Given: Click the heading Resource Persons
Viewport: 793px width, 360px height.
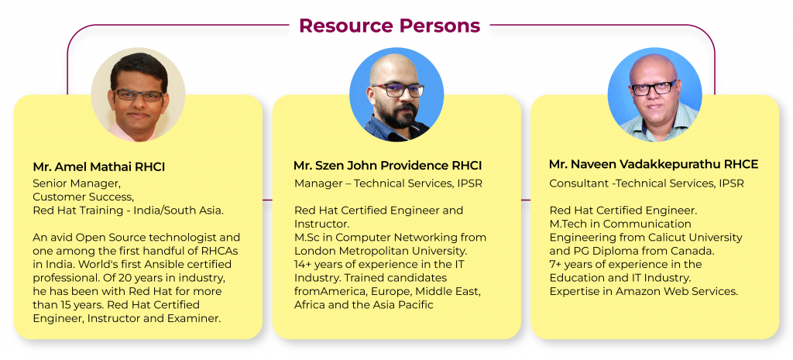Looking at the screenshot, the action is [x=390, y=26].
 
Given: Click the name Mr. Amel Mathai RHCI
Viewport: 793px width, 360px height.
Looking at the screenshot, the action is [x=99, y=167].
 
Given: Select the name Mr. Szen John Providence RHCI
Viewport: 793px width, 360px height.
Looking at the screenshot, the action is [x=387, y=166].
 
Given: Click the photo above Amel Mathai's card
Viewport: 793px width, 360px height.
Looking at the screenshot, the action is [x=138, y=94].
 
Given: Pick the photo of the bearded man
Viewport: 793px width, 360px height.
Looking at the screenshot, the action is [x=396, y=94].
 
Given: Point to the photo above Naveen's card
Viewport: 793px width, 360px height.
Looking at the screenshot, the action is [x=654, y=94].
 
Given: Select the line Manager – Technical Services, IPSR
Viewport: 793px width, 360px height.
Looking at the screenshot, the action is [x=389, y=183].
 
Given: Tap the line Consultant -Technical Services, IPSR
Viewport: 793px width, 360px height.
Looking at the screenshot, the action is [x=647, y=183].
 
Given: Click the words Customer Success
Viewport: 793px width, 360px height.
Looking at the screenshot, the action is [x=85, y=196].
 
